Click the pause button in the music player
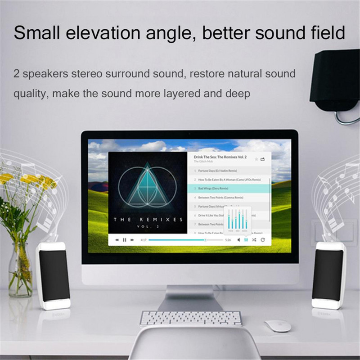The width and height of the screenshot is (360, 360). (125, 240)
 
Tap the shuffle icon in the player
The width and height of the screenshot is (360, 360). (254, 240)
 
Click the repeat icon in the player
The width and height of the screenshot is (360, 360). (263, 240)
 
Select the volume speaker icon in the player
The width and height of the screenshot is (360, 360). (238, 240)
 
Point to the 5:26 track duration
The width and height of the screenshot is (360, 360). (228, 240)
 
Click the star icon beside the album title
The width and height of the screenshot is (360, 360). (256, 159)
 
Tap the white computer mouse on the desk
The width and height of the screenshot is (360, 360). (277, 326)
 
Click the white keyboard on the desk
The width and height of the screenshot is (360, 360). (190, 318)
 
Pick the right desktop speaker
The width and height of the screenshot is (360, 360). (328, 275)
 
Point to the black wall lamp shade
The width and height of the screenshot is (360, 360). (335, 76)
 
